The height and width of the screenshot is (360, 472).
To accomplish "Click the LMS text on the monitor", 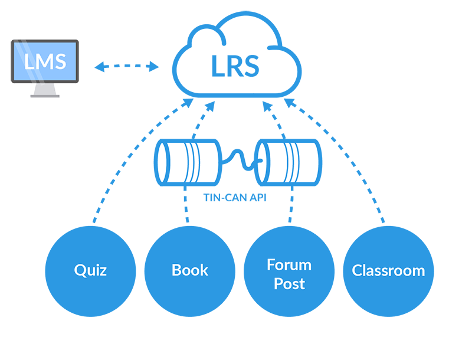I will pyautogui.click(x=45, y=61).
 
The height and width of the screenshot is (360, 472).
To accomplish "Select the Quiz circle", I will pyautogui.click(x=90, y=270).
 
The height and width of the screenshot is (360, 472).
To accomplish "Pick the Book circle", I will pyautogui.click(x=189, y=270).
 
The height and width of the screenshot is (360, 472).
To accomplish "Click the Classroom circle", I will pyautogui.click(x=388, y=270).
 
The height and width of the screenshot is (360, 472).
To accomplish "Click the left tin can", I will pyautogui.click(x=186, y=161).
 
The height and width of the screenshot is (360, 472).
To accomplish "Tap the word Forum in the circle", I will pyautogui.click(x=289, y=264).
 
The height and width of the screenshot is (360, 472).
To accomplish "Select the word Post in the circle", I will pyautogui.click(x=289, y=283).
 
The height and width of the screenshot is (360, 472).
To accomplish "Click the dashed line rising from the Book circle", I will pyautogui.click(x=188, y=207).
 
